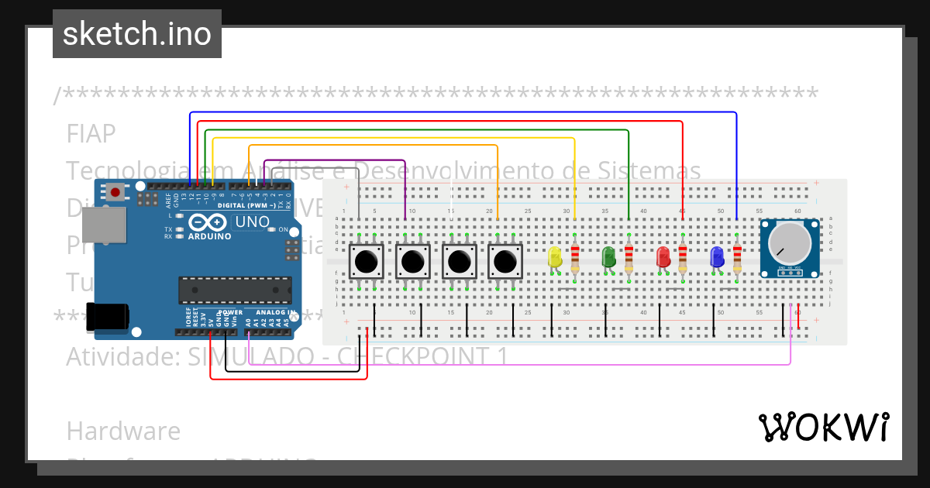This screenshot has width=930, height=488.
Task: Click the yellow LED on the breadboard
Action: coord(554,257)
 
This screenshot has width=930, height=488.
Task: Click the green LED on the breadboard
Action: coord(608,257)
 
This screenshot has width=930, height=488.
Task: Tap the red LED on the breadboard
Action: coord(663,257)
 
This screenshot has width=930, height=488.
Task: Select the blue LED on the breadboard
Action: coord(717,257)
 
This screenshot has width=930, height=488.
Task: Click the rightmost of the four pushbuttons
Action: coord(505,262)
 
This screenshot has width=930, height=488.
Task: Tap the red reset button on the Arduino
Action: coord(115,191)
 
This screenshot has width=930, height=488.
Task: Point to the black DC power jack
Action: coord(106,318)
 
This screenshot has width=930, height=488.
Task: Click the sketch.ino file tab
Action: coord(137,34)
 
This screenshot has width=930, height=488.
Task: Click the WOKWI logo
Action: coord(823,427)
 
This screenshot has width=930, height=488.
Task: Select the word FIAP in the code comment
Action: coord(91,134)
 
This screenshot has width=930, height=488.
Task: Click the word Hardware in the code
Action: coord(123,431)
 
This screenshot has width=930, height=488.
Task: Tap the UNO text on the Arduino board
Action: coord(252,222)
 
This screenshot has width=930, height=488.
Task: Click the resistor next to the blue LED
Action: coord(736,257)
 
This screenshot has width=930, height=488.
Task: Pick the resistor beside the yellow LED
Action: coord(574,257)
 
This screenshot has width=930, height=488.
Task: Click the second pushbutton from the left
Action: coord(412,262)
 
